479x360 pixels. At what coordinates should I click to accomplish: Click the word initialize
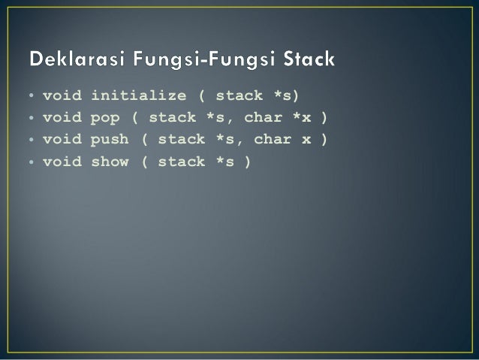[x=139, y=96]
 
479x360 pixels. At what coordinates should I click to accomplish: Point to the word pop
[x=105, y=118]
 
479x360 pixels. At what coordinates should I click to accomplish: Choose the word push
[x=110, y=140]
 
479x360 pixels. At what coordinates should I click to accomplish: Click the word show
[x=110, y=162]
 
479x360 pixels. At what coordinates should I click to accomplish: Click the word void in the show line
[x=62, y=162]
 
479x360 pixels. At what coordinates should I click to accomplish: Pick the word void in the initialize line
[x=62, y=96]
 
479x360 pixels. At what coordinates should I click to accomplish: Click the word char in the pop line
[x=263, y=118]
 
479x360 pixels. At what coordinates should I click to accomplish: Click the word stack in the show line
[x=182, y=162]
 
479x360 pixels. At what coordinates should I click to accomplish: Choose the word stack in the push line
[x=182, y=140]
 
